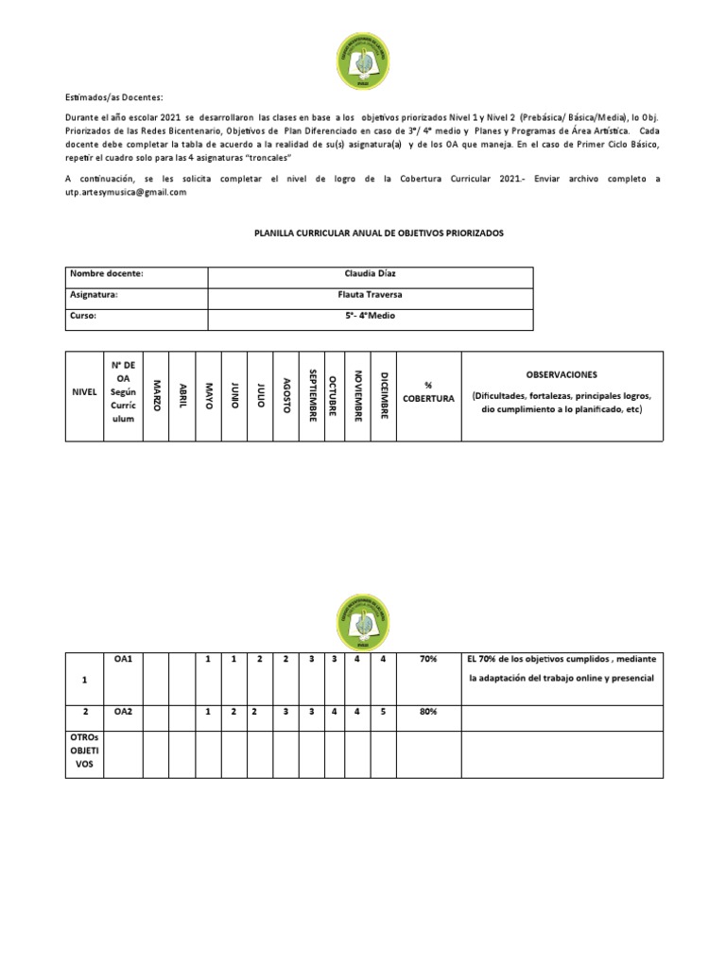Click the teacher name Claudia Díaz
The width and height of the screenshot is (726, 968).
(370, 273)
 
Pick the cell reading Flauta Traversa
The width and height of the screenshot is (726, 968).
(370, 294)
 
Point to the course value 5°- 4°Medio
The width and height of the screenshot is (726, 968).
(370, 315)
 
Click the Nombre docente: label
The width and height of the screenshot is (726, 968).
(106, 273)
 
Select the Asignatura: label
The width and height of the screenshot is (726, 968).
(95, 294)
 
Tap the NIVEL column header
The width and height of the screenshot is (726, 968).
(83, 392)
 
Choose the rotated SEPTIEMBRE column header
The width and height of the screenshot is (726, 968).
(312, 395)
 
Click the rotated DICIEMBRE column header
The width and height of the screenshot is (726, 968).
(383, 395)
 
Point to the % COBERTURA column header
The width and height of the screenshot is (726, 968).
(428, 391)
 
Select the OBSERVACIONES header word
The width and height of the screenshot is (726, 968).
(562, 374)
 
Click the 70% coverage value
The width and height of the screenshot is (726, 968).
(428, 658)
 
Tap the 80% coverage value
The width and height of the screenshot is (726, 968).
(428, 712)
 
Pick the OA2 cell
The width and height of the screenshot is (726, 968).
(123, 712)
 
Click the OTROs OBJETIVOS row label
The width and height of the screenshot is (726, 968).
(83, 752)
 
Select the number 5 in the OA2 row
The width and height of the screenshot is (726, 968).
(383, 712)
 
